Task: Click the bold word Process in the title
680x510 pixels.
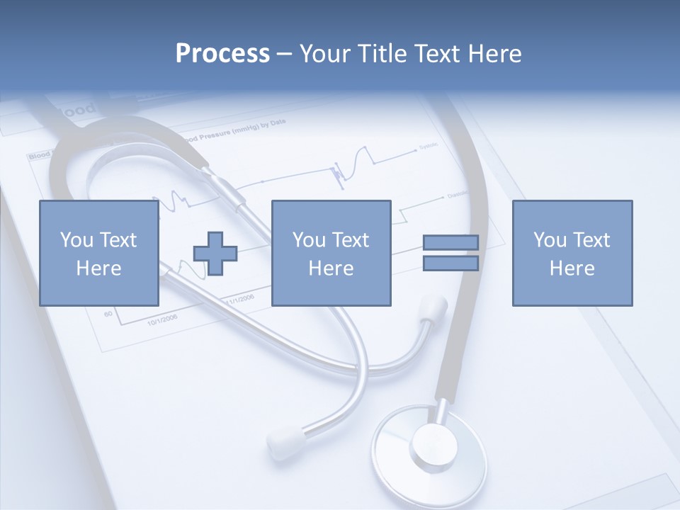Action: (x=222, y=54)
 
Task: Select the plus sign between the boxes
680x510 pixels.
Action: (x=215, y=254)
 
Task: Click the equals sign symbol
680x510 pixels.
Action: (x=450, y=253)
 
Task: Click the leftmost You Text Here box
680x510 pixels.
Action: (x=98, y=253)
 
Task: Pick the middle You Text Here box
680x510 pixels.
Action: (x=331, y=253)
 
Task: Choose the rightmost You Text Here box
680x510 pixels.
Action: (x=572, y=253)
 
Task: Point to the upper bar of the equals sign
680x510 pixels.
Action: (x=450, y=243)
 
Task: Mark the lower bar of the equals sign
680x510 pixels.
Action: (x=450, y=263)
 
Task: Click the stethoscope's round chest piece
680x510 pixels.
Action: (x=430, y=446)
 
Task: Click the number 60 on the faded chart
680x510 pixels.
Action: (x=108, y=312)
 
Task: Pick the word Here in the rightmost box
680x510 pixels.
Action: (x=572, y=268)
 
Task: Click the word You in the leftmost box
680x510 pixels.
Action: (x=76, y=239)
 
